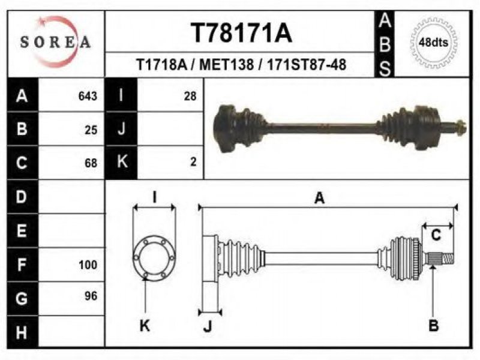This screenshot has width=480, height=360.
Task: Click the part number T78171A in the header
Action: click(241, 33)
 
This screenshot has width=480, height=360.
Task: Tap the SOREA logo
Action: click(55, 42)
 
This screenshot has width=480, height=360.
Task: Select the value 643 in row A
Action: click(88, 96)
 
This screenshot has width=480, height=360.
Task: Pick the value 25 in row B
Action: click(91, 130)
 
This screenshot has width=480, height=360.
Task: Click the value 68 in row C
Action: click(91, 163)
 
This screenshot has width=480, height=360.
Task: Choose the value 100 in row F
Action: click(88, 265)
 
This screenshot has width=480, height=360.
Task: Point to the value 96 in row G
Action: click(91, 296)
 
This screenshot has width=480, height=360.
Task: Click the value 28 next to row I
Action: click(190, 96)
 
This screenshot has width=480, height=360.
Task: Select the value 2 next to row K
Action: click(193, 161)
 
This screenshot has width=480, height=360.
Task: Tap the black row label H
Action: click(22, 332)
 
